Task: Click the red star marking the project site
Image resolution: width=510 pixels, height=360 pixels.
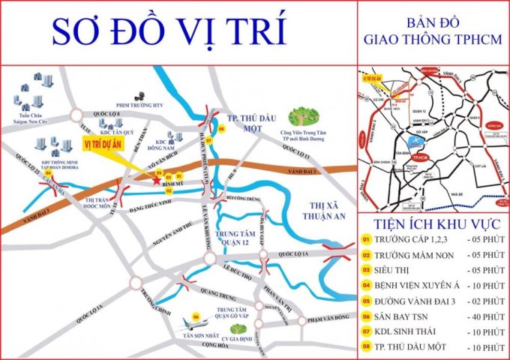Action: click(x=156, y=181)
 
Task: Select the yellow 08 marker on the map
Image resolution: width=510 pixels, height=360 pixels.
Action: click(x=220, y=129)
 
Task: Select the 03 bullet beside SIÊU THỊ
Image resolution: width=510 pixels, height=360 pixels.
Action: click(x=367, y=269)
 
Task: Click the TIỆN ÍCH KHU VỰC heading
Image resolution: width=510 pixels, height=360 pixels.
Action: click(x=433, y=223)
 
